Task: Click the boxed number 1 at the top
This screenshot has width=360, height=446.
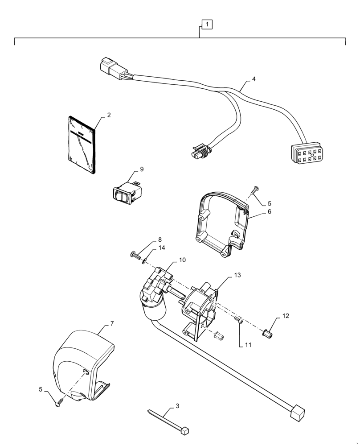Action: pos(208,24)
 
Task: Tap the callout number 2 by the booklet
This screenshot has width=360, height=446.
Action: pos(109,115)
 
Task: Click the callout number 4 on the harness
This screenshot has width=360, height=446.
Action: pos(254,79)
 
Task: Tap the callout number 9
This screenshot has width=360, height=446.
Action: pos(141,169)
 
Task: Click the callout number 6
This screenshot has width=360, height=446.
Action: pos(269,212)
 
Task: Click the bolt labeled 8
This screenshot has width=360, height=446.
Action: pos(133,256)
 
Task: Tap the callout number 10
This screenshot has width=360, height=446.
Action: pos(170,260)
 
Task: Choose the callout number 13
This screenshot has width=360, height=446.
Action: pos(237,275)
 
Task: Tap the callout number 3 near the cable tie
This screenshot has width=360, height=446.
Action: pos(177,406)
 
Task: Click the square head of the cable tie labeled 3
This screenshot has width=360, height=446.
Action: pos(185,429)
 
